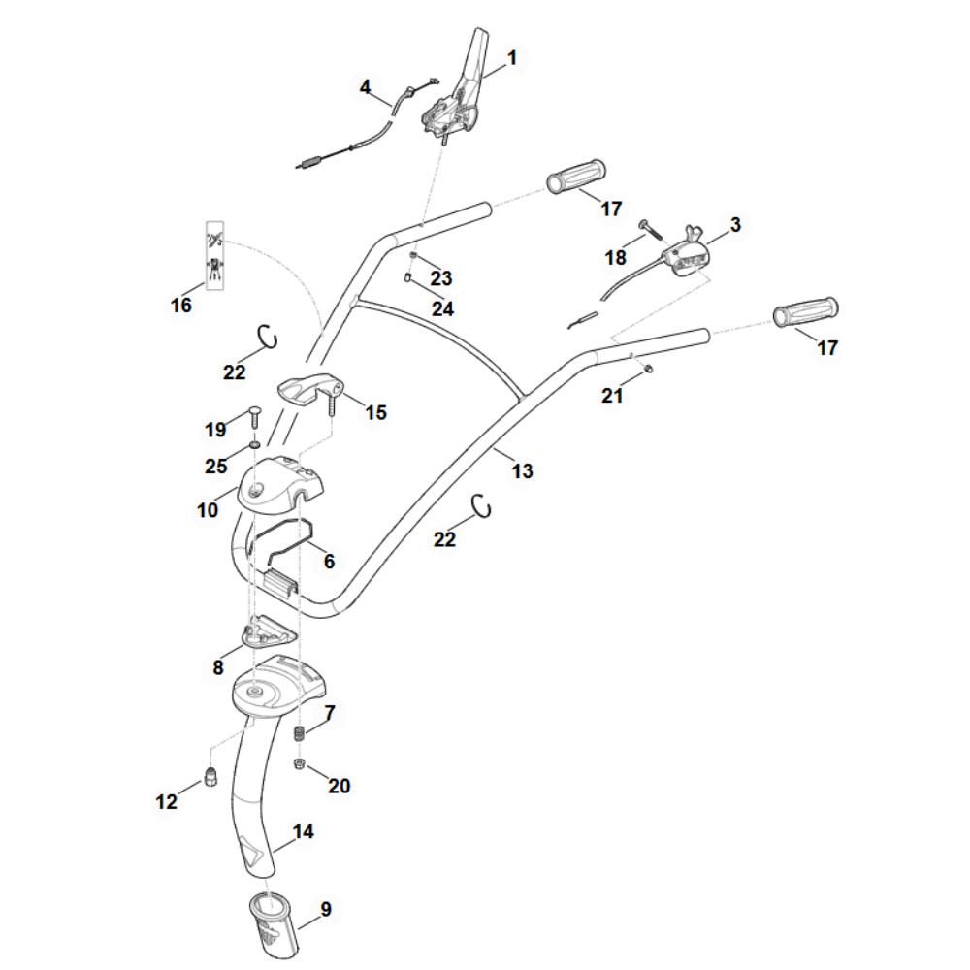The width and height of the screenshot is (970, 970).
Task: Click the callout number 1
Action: coord(512,58)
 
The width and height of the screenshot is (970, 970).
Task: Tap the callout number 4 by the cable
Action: coord(365,87)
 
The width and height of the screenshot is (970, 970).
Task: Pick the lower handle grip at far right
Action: coord(806,312)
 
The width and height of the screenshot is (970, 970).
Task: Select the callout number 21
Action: coord(612,396)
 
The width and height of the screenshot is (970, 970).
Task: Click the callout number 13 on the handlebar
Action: coord(522,471)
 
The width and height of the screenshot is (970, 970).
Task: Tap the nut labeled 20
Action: coord(301,765)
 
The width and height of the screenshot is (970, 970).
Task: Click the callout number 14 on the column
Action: coord(304,832)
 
